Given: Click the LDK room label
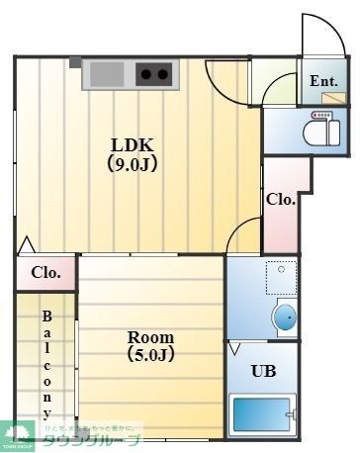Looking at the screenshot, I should click(133, 141).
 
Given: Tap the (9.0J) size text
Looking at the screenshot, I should click(133, 163).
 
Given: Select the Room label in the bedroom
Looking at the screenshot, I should click(149, 333).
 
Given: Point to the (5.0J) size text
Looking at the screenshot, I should click(149, 354).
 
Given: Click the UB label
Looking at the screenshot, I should click(262, 371).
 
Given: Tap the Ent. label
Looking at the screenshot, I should click(323, 81).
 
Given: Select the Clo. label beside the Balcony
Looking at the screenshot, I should click(45, 273).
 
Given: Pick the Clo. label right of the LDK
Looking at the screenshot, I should click(281, 199).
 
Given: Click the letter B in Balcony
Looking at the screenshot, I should click(46, 317).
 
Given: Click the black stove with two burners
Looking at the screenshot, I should click(151, 73).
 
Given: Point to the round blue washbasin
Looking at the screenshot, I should click(285, 317).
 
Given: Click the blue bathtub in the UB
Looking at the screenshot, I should click(262, 416).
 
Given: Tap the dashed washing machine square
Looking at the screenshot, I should click(282, 274).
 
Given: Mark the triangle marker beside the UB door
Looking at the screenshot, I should click(235, 349).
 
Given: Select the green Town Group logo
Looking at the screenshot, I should click(18, 433).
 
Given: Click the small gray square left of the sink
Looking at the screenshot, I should click(75, 61).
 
